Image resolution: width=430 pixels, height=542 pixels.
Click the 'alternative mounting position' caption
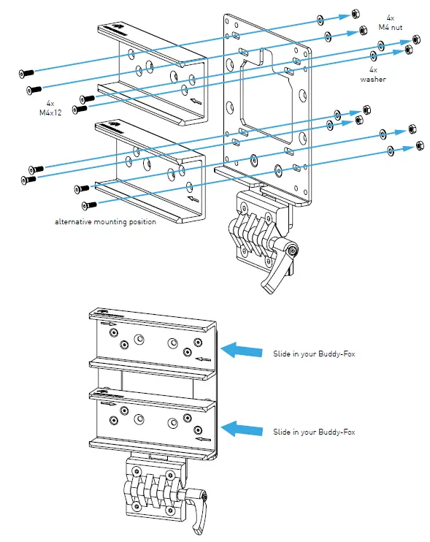[105, 221]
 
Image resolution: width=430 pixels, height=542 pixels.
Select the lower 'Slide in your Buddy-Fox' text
[318, 432]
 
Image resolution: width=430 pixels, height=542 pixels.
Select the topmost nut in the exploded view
[355, 14]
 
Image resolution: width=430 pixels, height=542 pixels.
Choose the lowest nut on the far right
[418, 145]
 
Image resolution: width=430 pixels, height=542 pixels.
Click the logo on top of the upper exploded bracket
[118, 31]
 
